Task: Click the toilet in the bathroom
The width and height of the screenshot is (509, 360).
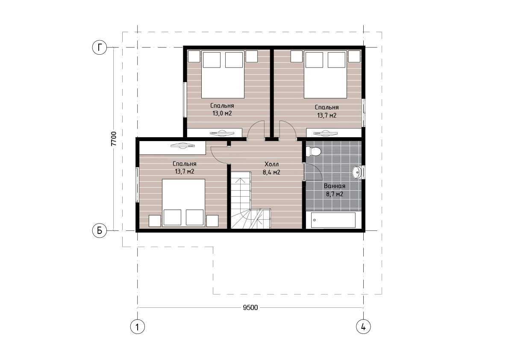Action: click(314, 151)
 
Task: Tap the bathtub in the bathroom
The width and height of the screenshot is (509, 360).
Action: click(333, 221)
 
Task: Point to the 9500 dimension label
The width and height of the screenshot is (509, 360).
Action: click(250, 307)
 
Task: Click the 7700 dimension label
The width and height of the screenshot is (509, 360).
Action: click(113, 139)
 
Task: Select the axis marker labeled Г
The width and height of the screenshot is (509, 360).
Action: click(99, 47)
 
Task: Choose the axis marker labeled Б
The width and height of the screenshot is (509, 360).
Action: click(99, 230)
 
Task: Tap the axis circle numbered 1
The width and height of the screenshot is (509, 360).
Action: click(137, 327)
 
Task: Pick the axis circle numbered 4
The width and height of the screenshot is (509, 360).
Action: click(363, 327)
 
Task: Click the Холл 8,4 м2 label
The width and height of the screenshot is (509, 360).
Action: click(271, 168)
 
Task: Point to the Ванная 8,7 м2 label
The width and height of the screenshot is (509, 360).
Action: click(335, 190)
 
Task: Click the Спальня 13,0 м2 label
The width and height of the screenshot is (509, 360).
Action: click(222, 109)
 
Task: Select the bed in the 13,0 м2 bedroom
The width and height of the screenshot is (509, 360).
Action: click(223, 74)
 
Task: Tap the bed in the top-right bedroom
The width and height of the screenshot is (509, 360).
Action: click(325, 74)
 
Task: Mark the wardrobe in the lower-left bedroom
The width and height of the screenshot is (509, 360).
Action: click(173, 148)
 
